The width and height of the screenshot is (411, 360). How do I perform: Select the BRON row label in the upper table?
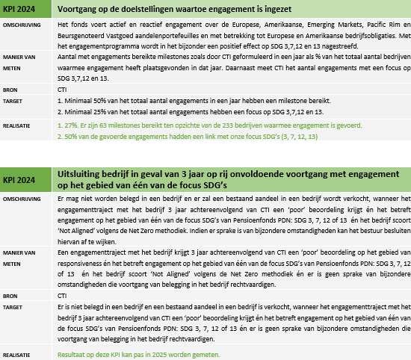(11, 88)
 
